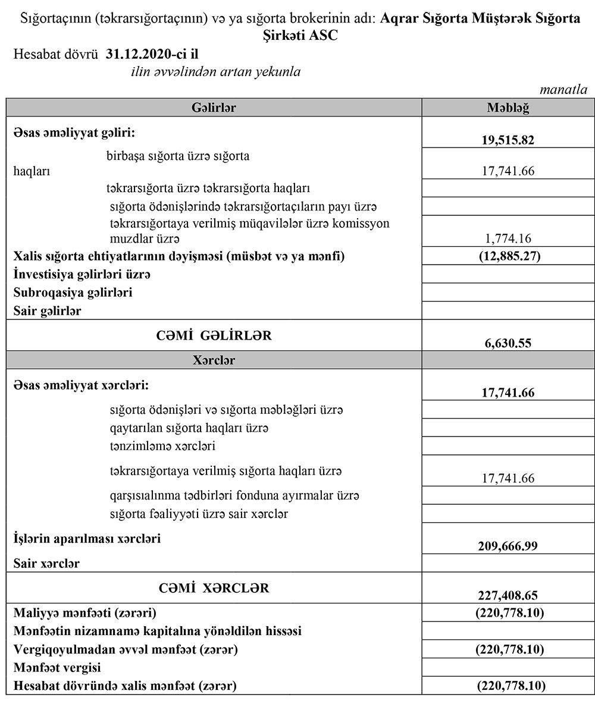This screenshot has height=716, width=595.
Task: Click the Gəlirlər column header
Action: (x=215, y=108)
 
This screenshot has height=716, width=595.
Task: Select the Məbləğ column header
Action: (x=508, y=108)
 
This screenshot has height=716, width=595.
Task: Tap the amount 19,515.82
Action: (x=508, y=140)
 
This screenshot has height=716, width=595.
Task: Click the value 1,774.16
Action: (x=508, y=238)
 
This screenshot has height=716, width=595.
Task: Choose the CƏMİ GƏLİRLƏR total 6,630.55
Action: (x=508, y=343)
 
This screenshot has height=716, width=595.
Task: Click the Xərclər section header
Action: (x=214, y=360)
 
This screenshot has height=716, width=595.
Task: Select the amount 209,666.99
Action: (x=508, y=546)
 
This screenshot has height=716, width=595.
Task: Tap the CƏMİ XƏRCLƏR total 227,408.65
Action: (x=508, y=595)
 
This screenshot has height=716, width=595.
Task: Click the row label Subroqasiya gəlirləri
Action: (x=73, y=293)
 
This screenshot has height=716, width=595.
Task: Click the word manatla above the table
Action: (x=563, y=90)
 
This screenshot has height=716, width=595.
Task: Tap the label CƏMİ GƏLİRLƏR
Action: (x=215, y=336)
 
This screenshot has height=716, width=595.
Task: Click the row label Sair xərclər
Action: (x=47, y=563)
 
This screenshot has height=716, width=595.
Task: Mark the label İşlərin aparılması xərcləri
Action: (x=87, y=539)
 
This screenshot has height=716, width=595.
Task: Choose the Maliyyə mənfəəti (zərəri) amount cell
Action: (x=508, y=613)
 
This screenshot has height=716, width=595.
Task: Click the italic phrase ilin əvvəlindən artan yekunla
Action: (x=215, y=72)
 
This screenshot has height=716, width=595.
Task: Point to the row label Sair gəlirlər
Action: (x=48, y=310)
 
